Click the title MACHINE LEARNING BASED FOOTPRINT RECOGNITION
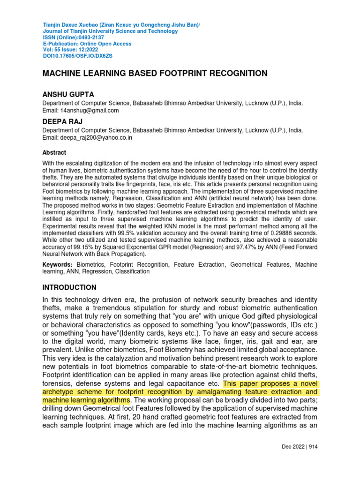point(155,74)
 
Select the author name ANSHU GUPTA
point(68,95)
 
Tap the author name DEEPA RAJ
point(63,122)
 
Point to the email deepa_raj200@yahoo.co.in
point(96,138)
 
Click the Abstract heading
point(54,153)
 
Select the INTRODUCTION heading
point(69,287)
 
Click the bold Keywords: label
point(58,265)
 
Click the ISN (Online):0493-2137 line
point(73,37)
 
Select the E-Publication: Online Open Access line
point(87,44)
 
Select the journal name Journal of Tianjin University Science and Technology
point(110,31)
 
